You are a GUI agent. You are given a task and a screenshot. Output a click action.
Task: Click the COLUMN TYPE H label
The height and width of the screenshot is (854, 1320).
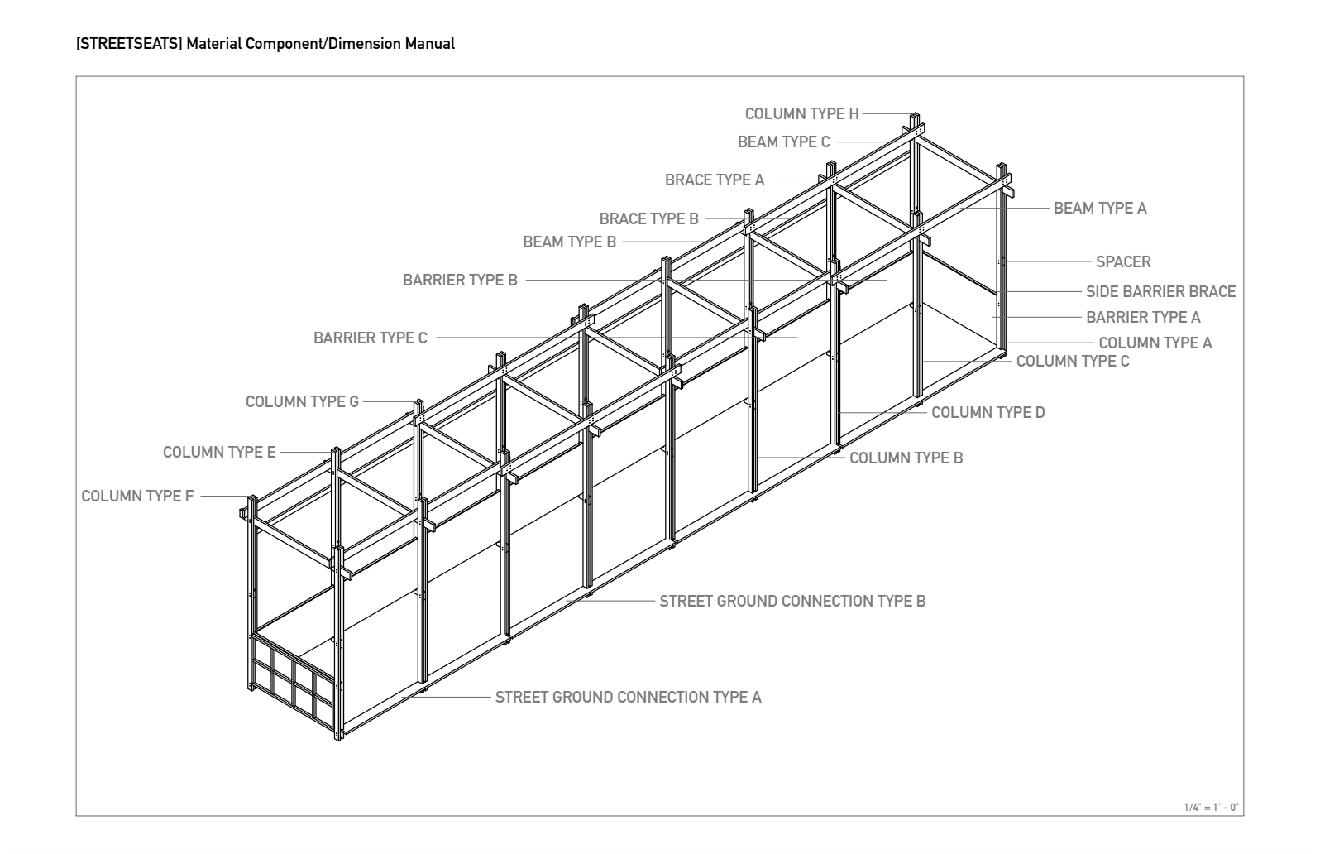pos(801,114)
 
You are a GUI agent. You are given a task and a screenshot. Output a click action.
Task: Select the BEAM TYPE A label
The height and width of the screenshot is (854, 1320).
pos(1100,209)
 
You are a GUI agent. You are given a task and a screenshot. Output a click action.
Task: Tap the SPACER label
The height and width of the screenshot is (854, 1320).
pos(1123,262)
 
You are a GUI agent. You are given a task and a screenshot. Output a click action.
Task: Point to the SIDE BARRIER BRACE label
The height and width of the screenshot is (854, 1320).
pos(1160,292)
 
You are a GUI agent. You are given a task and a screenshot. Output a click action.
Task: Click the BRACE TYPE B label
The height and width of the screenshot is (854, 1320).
pos(648,219)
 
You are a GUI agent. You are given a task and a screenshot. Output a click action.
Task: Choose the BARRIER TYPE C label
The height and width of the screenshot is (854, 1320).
pos(371,338)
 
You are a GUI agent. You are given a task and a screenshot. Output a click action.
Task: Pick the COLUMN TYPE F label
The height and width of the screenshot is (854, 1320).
pos(137,497)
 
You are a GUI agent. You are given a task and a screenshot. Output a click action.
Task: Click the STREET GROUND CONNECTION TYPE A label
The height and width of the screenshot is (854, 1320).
pos(628,698)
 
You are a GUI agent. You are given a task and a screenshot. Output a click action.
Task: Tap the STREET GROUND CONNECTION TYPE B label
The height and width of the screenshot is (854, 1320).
pos(792,602)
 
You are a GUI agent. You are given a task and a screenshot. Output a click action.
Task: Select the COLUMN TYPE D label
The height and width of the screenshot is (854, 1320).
pos(988,413)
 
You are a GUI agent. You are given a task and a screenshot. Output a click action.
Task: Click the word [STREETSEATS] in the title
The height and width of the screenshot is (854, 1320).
pos(128,44)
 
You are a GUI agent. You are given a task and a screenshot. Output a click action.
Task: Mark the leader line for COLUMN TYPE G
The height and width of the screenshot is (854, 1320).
pos(387,402)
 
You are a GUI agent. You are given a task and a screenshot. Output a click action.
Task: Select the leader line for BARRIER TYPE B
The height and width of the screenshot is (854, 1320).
pos(703,281)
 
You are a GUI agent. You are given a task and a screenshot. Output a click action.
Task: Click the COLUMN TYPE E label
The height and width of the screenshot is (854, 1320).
pos(219,453)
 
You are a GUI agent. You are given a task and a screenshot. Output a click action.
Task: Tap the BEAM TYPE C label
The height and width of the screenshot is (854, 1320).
pos(783,142)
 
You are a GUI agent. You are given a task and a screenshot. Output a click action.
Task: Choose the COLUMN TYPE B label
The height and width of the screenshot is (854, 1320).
pos(906,458)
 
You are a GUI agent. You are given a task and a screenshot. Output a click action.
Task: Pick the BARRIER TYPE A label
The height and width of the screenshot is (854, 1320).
pos(1143,318)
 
